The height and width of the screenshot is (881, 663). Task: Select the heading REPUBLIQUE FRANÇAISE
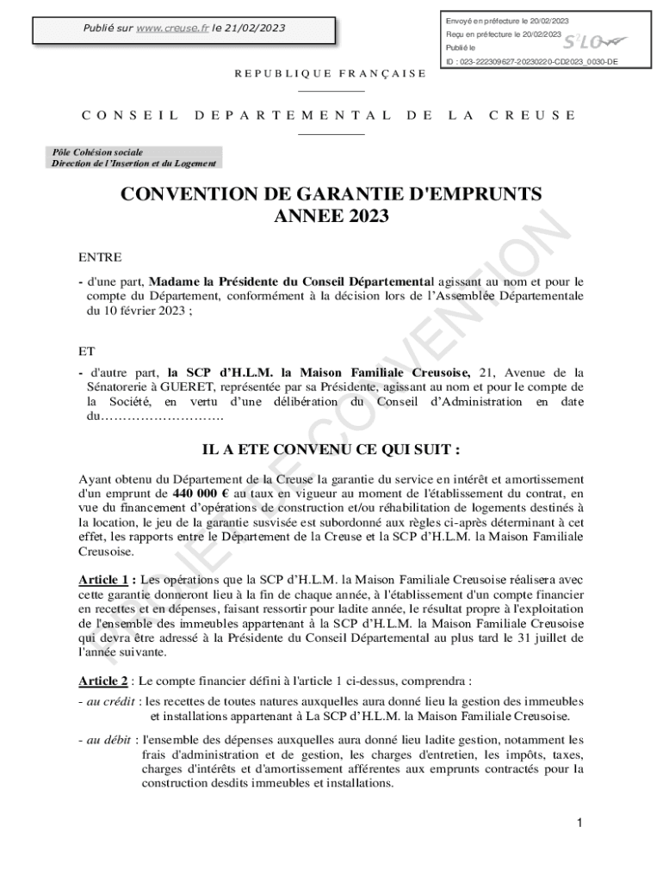(x=331, y=73)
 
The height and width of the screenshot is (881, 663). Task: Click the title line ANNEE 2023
(x=331, y=216)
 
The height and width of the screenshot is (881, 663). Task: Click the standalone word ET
(x=87, y=351)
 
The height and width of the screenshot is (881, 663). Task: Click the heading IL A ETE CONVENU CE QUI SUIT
(x=331, y=450)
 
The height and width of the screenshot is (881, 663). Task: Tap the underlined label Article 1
(x=106, y=580)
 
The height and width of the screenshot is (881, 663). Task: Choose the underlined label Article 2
(x=102, y=681)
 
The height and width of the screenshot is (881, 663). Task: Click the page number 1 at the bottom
(x=580, y=823)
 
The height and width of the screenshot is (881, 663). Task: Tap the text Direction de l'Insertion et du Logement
(x=133, y=163)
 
